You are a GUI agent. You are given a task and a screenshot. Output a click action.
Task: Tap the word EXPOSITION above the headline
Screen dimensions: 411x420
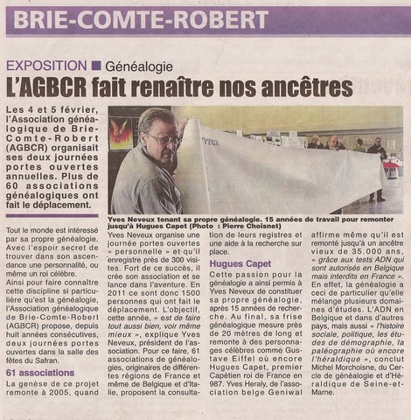click(x=44, y=66)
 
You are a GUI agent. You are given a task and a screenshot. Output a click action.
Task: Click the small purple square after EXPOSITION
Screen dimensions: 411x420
click(x=96, y=66)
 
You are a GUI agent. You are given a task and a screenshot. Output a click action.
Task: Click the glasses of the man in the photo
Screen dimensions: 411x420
click(x=164, y=139)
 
